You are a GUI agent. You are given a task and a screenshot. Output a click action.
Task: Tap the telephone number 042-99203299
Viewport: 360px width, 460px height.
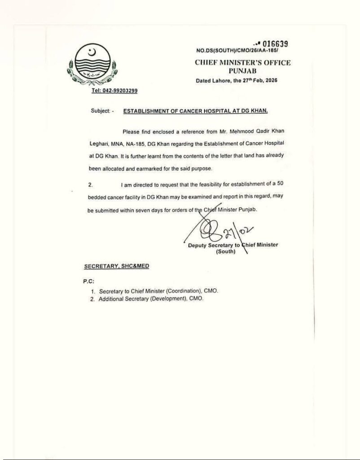pos(114,91)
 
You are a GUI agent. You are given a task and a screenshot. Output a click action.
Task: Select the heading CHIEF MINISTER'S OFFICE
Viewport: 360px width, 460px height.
pos(242,63)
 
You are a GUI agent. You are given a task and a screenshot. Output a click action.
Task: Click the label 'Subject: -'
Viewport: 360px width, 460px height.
pos(102,111)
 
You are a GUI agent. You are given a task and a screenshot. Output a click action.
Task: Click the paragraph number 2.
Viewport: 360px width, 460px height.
pos(90,184)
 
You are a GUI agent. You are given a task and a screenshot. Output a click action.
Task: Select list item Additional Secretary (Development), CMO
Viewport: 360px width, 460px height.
pos(150,299)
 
